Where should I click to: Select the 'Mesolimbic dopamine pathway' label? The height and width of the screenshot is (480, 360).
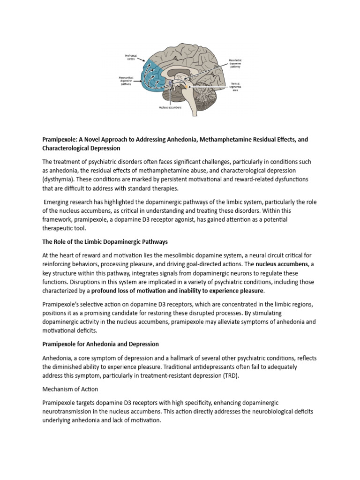(235, 64)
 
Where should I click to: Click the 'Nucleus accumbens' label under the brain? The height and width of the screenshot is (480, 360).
(170, 107)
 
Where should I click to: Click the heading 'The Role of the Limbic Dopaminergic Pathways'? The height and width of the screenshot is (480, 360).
(105, 242)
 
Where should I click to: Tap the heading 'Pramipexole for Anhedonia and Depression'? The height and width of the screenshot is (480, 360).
(100, 344)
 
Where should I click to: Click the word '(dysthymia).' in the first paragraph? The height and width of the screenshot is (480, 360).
(59, 180)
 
